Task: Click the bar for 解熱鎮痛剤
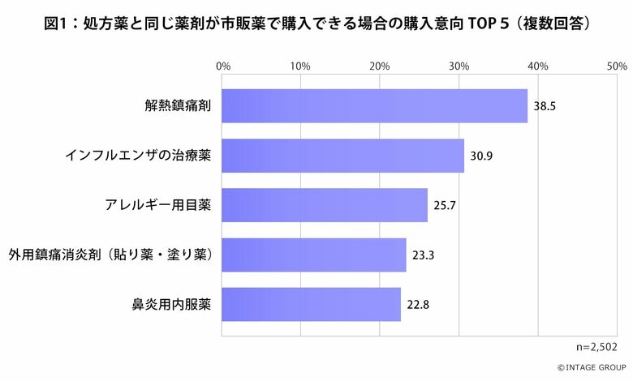click(x=374, y=105)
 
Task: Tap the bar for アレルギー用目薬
click(x=324, y=205)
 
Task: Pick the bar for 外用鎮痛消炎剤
click(x=313, y=255)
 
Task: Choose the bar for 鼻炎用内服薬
click(x=311, y=305)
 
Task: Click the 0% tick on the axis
click(x=223, y=66)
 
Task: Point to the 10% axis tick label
click(x=301, y=66)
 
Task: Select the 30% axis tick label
click(x=459, y=66)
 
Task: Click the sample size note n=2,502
click(x=596, y=347)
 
